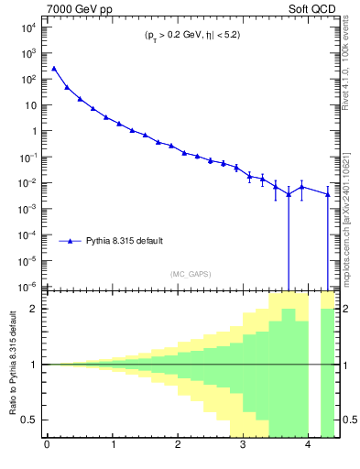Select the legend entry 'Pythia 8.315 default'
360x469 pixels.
(125, 241)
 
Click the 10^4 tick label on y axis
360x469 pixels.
(29, 27)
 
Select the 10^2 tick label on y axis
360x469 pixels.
(29, 79)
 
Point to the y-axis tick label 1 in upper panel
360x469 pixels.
(34, 130)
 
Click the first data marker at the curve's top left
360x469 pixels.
(53, 68)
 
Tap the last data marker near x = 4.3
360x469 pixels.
(328, 194)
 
